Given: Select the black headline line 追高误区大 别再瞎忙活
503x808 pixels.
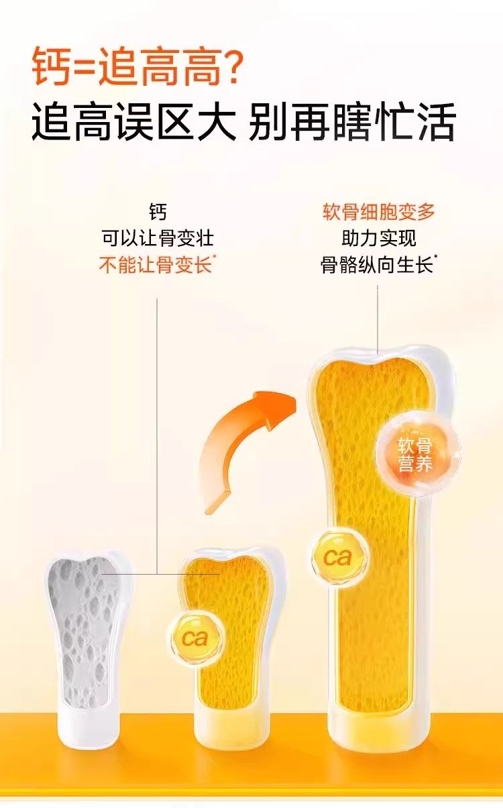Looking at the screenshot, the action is (243, 122).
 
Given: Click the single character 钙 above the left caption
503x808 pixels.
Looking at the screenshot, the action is (158, 213).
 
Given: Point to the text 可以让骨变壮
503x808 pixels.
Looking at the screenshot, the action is (158, 238).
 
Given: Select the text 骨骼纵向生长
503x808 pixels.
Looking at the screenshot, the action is (377, 265).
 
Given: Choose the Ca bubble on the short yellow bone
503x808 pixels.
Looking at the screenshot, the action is (194, 637).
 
